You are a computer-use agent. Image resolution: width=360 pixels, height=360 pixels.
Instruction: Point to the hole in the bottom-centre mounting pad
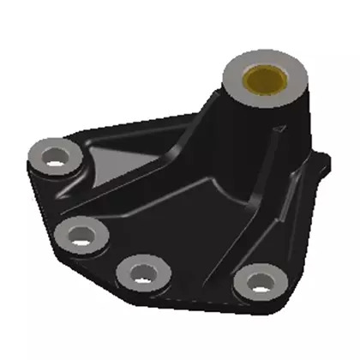pyautogui.click(x=139, y=273)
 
